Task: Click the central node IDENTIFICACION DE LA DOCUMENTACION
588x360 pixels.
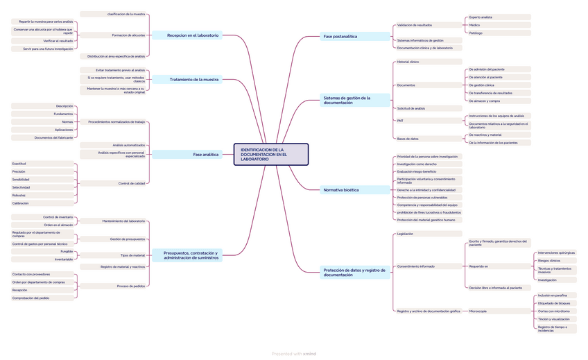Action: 270,155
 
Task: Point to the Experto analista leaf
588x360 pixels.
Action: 481,17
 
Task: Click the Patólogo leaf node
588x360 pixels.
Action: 476,33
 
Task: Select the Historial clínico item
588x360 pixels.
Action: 408,62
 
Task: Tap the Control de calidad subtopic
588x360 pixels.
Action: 132,183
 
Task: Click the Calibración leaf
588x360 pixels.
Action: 21,203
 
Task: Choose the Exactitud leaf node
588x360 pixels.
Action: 19,164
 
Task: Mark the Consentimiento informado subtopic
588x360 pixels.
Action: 416,266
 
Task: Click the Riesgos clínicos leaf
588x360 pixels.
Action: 549,261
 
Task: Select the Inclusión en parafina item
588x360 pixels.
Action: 552,295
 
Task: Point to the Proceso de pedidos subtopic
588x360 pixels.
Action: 131,286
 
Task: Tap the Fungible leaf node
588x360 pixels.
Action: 66,251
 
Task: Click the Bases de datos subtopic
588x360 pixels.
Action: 408,139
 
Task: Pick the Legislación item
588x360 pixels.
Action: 405,234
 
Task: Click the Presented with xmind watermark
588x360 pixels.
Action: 294,354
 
